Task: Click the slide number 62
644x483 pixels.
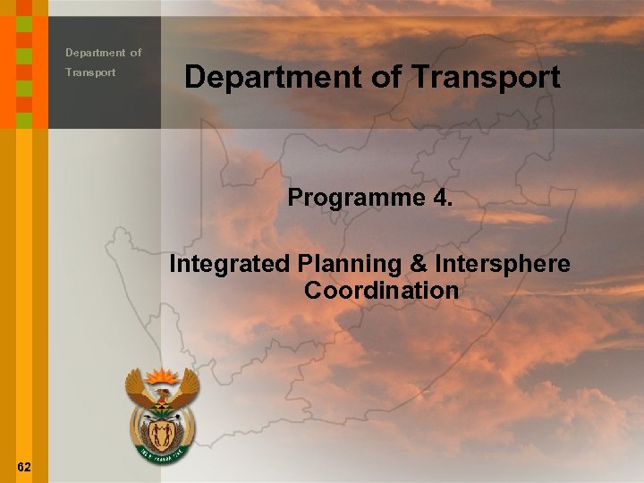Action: pos(24,467)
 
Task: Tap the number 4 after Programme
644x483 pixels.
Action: pos(441,197)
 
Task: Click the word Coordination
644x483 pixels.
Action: pos(381,291)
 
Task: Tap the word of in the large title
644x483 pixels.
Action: pos(387,78)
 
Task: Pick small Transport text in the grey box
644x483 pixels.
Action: pos(90,72)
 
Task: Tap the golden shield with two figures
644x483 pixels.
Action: pos(162,436)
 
